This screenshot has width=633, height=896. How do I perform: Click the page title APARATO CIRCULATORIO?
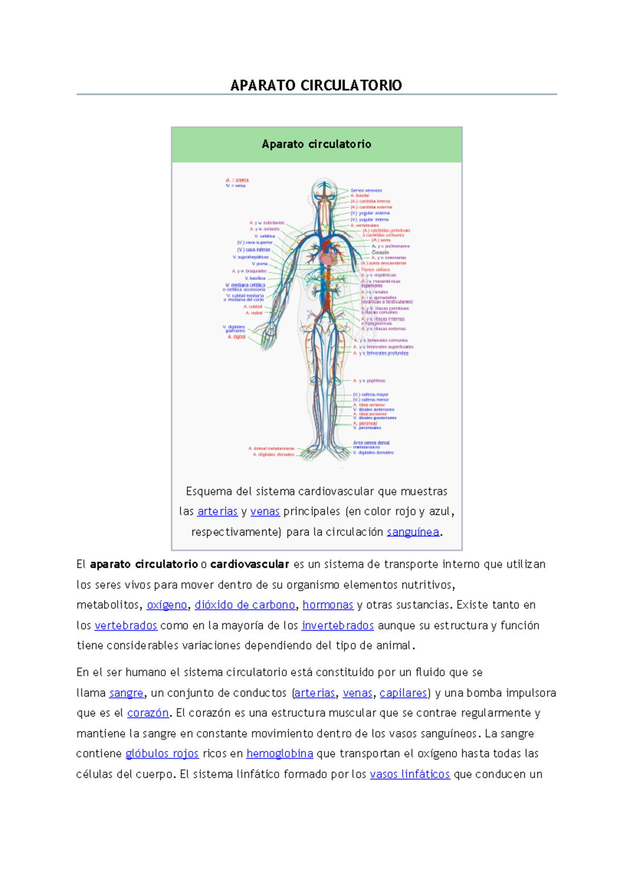(316, 85)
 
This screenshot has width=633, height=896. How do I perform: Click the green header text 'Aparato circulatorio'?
(316, 144)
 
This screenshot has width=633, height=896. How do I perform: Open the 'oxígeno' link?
(167, 605)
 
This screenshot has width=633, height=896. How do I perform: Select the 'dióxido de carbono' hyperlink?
(245, 605)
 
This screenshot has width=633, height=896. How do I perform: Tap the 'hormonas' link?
(328, 605)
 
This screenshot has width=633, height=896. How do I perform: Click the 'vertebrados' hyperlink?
(126, 625)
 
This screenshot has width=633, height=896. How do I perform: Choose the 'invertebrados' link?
(338, 625)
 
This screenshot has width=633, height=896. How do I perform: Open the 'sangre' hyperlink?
(126, 693)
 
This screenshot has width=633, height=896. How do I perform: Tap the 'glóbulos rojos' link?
(162, 754)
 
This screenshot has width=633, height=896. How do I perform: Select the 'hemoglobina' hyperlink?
(280, 754)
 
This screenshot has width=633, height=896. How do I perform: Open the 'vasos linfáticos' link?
(410, 774)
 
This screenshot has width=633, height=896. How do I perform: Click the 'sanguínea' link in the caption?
(413, 532)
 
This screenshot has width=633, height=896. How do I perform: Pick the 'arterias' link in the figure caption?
(217, 511)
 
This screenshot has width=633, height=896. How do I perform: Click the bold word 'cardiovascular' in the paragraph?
(250, 564)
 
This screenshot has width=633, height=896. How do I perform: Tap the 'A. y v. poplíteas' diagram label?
(369, 380)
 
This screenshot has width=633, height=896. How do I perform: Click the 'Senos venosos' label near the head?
(366, 190)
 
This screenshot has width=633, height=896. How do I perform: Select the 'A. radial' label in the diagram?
(254, 313)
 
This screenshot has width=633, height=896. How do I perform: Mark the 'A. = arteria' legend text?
(237, 180)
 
